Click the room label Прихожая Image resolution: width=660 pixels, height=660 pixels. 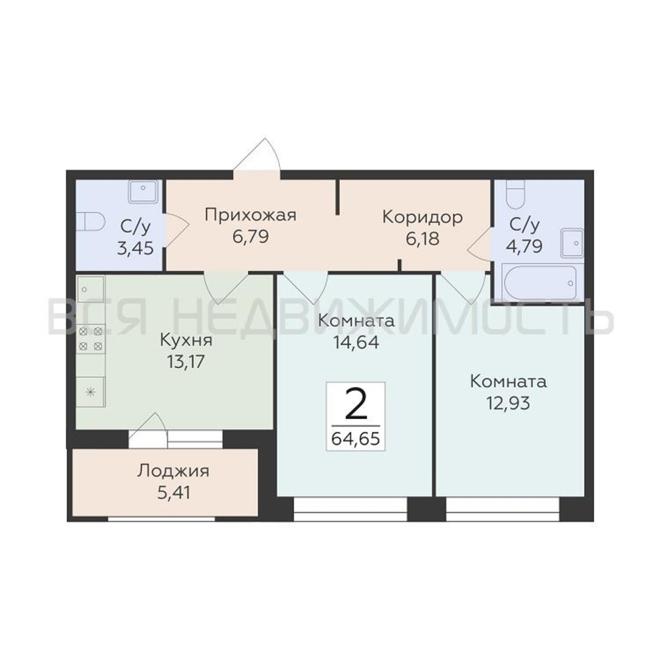[251, 216]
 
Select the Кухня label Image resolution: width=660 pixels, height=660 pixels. [186, 341]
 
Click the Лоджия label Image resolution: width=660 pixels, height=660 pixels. [173, 472]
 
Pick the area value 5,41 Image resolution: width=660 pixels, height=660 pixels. [174, 492]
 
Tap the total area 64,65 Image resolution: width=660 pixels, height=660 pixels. [356, 438]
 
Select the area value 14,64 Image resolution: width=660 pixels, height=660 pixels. [356, 342]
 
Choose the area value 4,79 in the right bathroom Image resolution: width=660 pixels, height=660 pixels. [524, 246]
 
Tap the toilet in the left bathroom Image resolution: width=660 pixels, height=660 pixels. [89, 222]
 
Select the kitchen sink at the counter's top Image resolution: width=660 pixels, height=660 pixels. [90, 289]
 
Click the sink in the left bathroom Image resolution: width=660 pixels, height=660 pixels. [143, 191]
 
